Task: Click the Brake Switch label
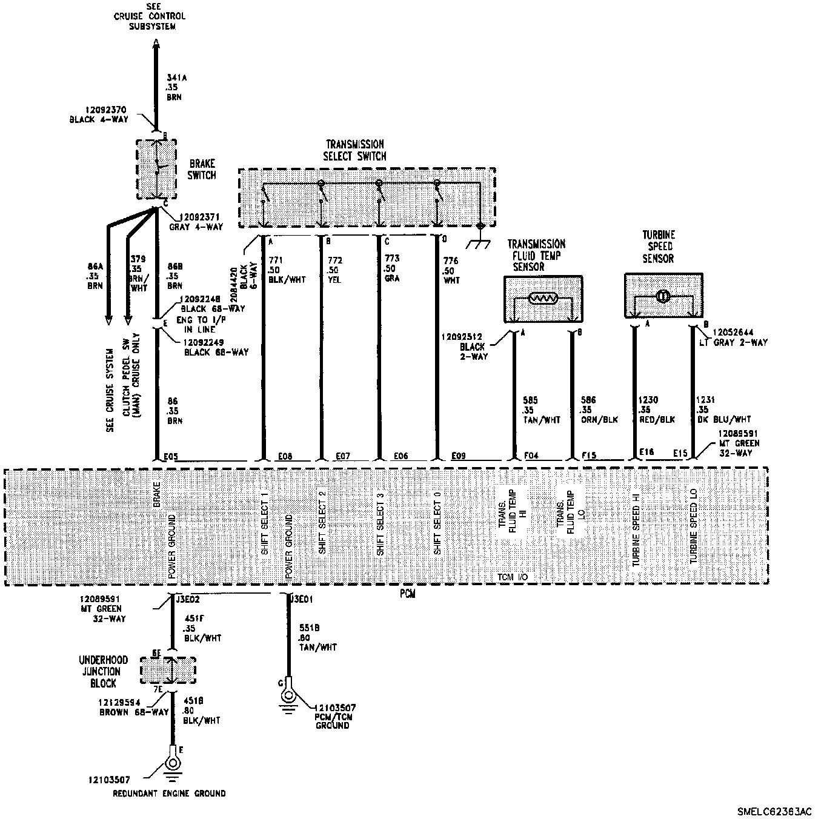click(201, 170)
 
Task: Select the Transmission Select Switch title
click(355, 150)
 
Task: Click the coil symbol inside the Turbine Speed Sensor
click(663, 296)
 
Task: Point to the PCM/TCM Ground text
click(333, 717)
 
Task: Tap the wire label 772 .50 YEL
click(334, 270)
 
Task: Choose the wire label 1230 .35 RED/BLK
click(657, 410)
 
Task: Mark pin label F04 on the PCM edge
click(531, 456)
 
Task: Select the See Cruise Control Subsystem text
click(150, 17)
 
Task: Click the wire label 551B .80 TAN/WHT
click(317, 638)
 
